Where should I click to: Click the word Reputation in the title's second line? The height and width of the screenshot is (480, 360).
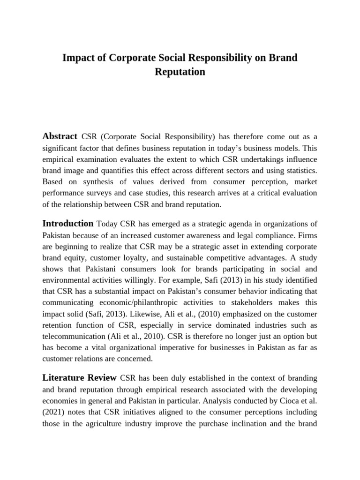pos(180,72)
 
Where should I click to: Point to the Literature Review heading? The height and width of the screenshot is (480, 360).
pos(79,377)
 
